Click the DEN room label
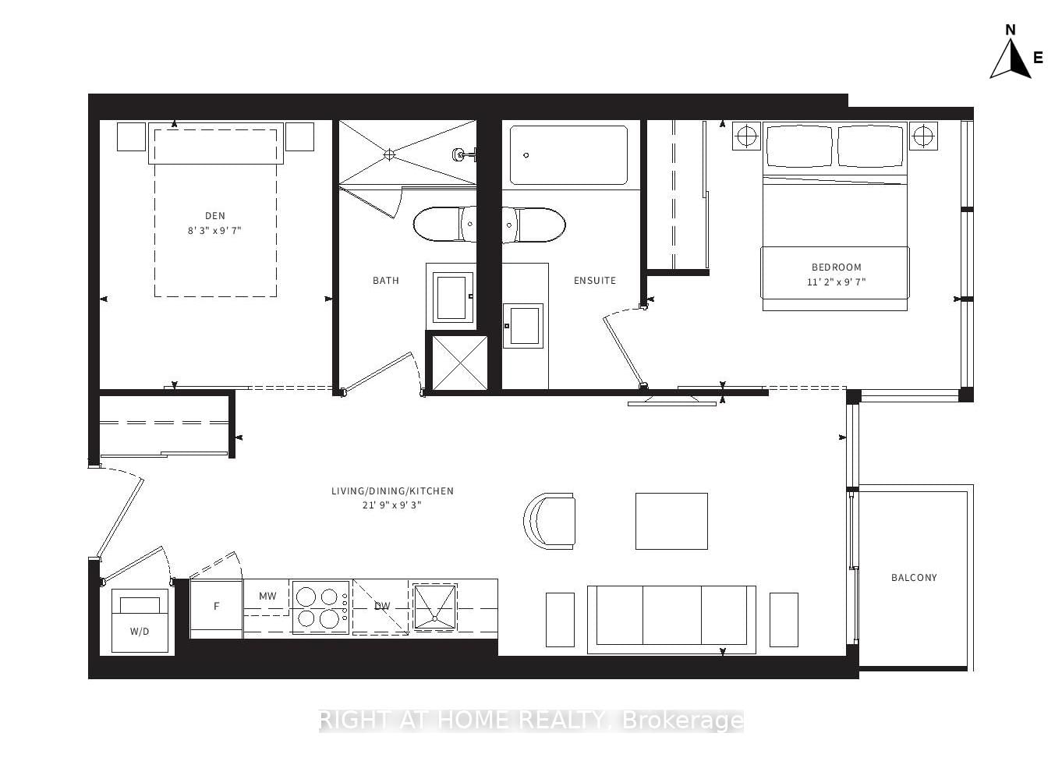coord(215,216)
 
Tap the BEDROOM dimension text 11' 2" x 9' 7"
coord(836,282)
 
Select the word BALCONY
coord(914,578)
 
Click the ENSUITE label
coord(595,281)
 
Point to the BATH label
coord(385,281)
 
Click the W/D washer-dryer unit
coord(140,621)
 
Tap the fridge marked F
coord(216,607)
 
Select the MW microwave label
coord(267,597)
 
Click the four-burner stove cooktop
coord(320,607)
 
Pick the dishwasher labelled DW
coord(381,607)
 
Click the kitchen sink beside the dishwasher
coord(434,606)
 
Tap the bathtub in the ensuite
coord(568,155)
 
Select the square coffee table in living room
coord(671,521)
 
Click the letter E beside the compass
coord(1038,58)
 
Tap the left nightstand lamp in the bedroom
coord(746,136)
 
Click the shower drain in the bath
coord(389,154)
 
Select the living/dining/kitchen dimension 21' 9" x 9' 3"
coord(392,505)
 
